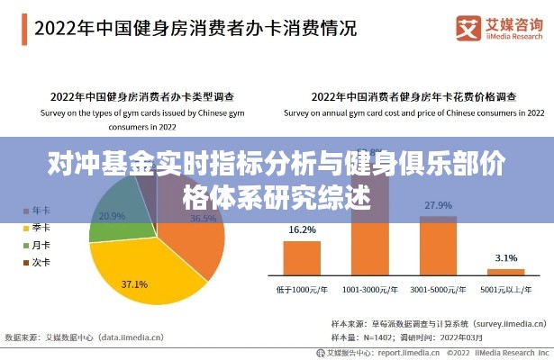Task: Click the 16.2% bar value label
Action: (x=302, y=229)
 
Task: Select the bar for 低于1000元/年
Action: (x=302, y=256)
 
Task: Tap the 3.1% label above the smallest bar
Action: (x=505, y=258)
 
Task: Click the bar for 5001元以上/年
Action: (x=505, y=271)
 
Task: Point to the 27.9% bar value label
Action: (x=438, y=205)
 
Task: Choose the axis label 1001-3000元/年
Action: (x=369, y=290)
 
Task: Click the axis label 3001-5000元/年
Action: (x=438, y=290)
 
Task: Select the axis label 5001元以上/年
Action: (x=505, y=290)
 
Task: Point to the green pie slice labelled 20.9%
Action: (x=113, y=220)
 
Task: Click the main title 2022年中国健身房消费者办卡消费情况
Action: (x=195, y=27)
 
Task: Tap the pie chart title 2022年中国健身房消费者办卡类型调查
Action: (x=142, y=95)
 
